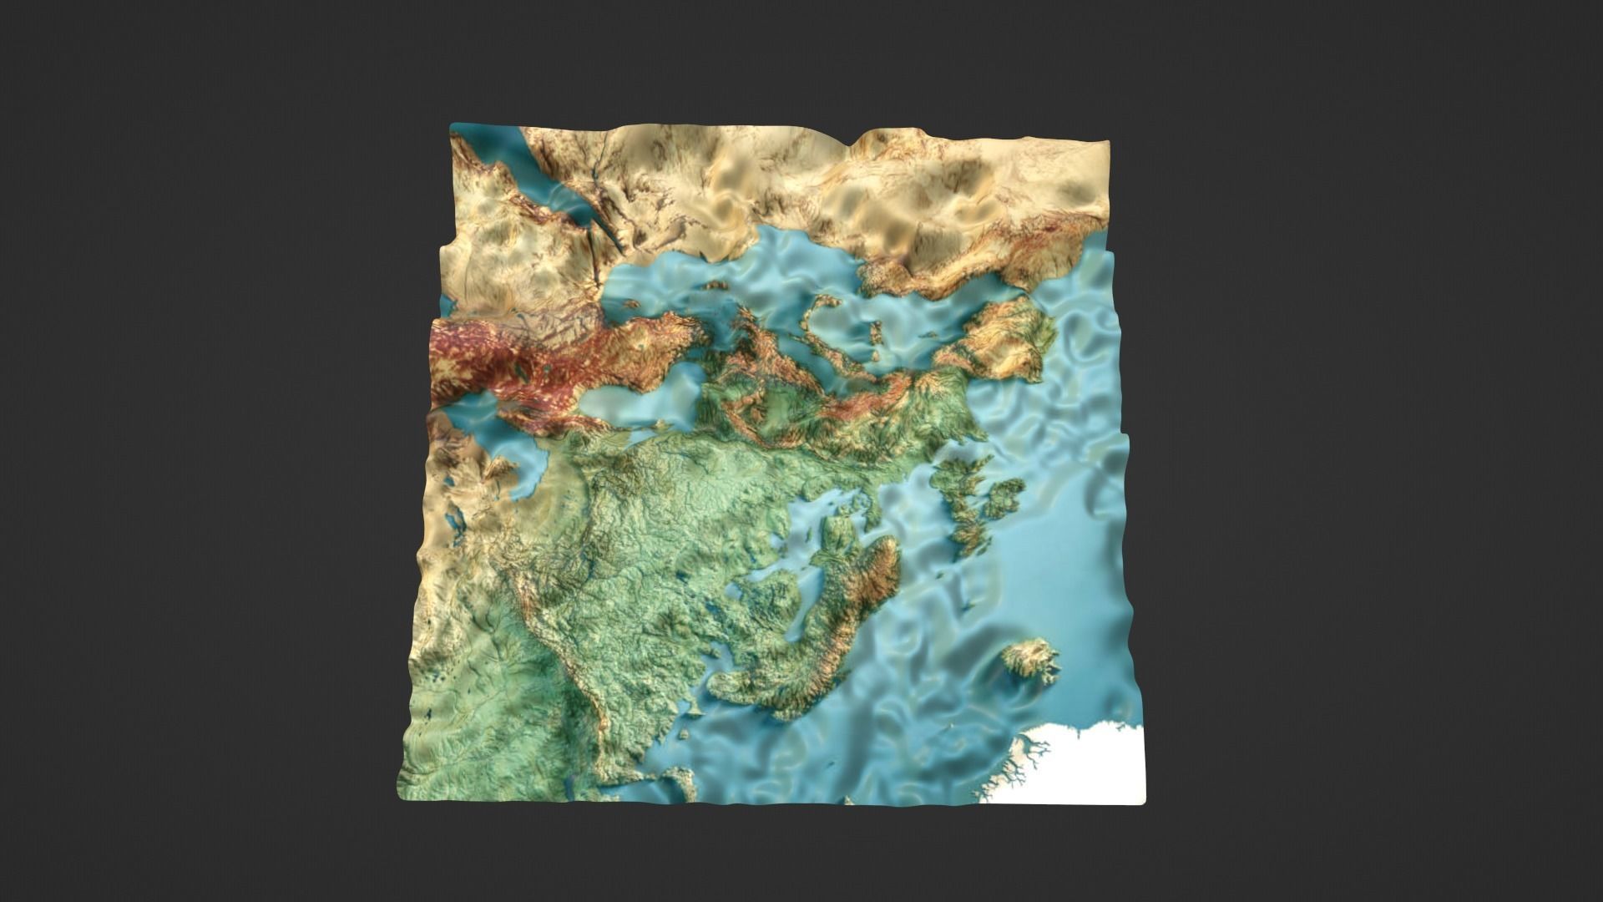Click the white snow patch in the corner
(1094, 764)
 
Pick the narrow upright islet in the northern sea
(877, 335)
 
